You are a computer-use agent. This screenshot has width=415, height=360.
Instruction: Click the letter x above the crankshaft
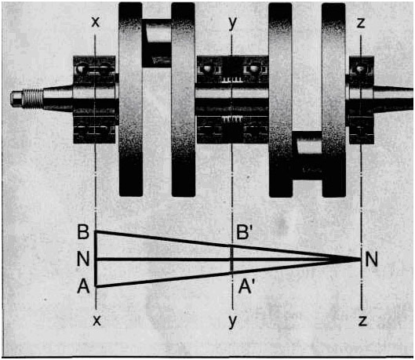(x=96, y=22)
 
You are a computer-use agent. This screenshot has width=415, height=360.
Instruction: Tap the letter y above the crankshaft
(x=232, y=24)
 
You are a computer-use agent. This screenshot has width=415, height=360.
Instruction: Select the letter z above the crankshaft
(x=361, y=23)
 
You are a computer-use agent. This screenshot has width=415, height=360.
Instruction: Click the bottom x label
(x=96, y=321)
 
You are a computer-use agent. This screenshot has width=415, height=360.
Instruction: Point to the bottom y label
(x=233, y=322)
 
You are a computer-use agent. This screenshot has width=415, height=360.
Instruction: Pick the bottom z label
(x=362, y=321)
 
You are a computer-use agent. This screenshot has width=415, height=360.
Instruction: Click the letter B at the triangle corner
(x=83, y=232)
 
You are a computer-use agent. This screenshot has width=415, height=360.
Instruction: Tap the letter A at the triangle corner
(x=83, y=286)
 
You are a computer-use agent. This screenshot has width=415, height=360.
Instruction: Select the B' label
(x=242, y=232)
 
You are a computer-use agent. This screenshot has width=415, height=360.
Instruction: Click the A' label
(x=246, y=286)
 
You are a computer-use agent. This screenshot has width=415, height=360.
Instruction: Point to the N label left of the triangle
(x=83, y=259)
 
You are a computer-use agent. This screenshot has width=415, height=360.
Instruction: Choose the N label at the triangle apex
(x=371, y=260)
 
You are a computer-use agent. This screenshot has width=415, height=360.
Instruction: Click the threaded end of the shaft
(x=32, y=98)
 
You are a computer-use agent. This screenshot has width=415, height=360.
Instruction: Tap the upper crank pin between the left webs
(x=157, y=42)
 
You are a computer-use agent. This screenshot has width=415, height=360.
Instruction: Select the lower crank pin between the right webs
(x=308, y=156)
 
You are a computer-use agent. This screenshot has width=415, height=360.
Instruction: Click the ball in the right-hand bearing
(x=359, y=70)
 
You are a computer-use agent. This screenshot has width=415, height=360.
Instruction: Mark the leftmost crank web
(x=131, y=100)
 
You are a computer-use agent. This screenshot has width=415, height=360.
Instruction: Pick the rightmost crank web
(x=333, y=100)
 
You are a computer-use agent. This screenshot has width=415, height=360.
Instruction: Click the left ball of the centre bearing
(x=206, y=69)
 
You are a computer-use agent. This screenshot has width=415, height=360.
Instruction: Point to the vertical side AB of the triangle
(x=96, y=259)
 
